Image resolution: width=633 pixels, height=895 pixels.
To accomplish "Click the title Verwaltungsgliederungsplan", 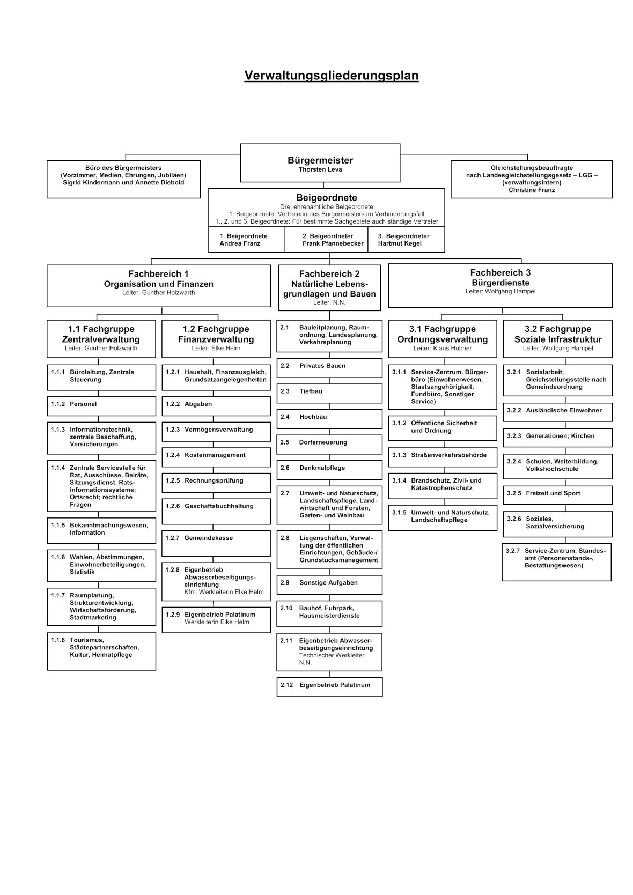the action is (332, 76).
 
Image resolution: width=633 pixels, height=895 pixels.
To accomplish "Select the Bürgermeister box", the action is (320, 163).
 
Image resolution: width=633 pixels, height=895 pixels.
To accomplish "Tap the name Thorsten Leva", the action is (320, 170).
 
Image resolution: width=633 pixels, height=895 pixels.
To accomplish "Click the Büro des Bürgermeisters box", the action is (123, 180).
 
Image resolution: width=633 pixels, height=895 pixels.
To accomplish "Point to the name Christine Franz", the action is (532, 190).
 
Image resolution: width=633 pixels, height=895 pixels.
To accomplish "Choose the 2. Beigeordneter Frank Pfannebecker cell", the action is (327, 240).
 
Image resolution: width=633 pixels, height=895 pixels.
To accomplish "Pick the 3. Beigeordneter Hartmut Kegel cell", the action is (406, 240).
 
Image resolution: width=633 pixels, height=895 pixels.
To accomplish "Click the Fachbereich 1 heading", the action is (158, 274).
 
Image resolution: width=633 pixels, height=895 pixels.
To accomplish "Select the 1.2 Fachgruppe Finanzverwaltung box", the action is (216, 339).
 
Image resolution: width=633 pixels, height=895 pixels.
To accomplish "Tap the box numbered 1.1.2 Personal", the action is (101, 406).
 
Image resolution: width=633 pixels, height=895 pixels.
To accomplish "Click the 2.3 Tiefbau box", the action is (330, 394).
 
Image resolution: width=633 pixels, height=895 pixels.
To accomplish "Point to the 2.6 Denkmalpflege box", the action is (330, 470).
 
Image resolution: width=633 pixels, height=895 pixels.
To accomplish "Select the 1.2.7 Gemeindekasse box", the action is (216, 543).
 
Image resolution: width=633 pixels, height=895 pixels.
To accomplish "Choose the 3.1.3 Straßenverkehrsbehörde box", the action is (443, 457).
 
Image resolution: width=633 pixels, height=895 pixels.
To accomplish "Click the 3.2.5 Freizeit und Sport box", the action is (558, 495).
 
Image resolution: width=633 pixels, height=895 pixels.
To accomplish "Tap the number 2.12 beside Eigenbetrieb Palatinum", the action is (286, 685).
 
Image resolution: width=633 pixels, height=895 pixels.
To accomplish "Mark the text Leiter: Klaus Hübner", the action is (443, 349).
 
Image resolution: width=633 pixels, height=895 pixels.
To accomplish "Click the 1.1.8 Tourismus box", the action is (101, 651).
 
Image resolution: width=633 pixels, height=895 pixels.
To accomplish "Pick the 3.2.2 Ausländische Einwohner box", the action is (558, 412).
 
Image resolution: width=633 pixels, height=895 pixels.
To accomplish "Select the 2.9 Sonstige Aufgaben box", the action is (330, 585).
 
